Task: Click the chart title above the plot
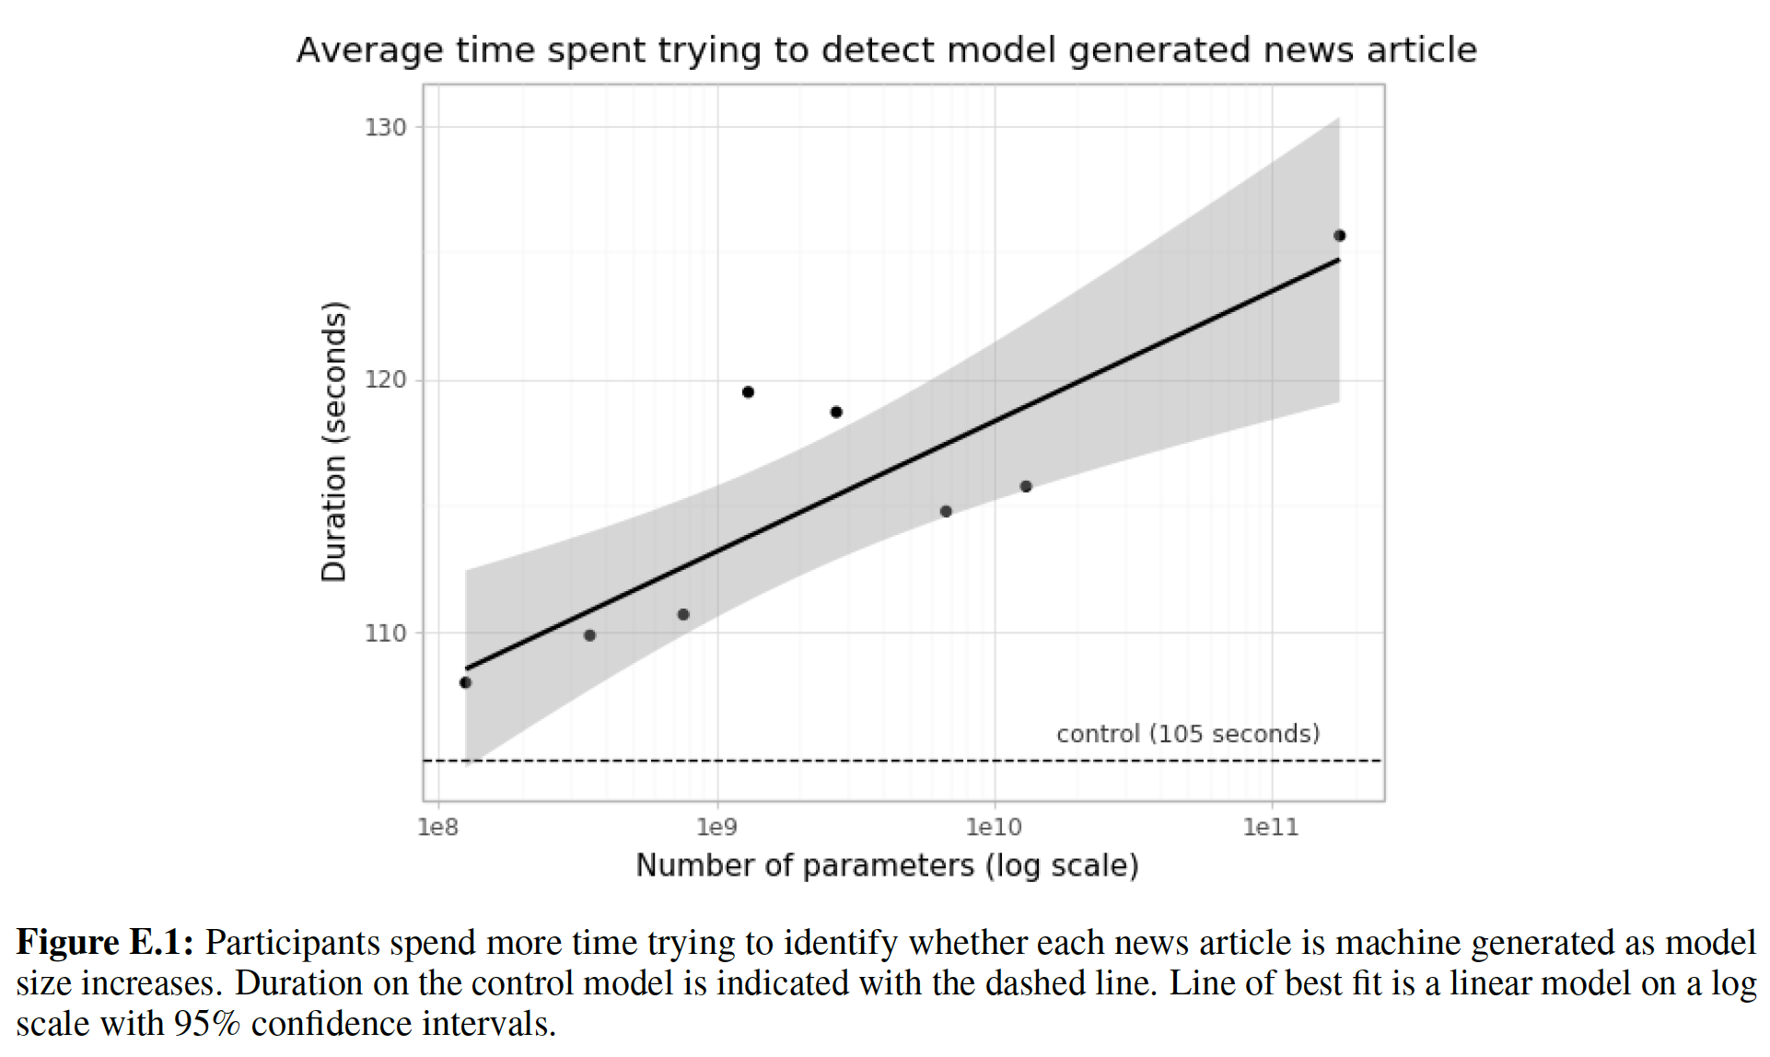click(x=886, y=50)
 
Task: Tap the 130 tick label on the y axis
click(x=385, y=127)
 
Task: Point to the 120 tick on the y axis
click(x=385, y=379)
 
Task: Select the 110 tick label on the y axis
click(x=385, y=633)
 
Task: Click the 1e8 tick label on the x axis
click(x=437, y=827)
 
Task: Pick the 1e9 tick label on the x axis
click(x=716, y=827)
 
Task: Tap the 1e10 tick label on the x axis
click(x=994, y=827)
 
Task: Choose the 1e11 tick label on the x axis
click(x=1271, y=827)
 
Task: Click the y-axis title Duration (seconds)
click(x=333, y=442)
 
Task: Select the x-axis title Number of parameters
click(x=887, y=865)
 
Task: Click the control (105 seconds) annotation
click(x=1188, y=734)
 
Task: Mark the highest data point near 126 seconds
click(x=1340, y=236)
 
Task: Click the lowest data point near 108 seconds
click(x=465, y=682)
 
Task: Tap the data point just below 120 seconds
click(x=748, y=392)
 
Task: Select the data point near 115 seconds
click(x=946, y=511)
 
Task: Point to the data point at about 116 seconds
click(x=1026, y=486)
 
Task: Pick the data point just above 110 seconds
click(x=683, y=614)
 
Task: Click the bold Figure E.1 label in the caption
click(x=104, y=943)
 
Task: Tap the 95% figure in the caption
click(x=207, y=1024)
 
